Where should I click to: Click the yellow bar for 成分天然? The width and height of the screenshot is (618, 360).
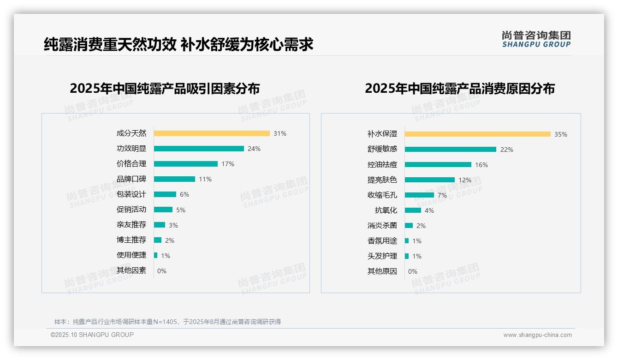point(212,133)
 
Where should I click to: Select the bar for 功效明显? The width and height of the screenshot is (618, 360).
point(199,149)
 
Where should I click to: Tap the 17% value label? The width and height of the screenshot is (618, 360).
point(228,164)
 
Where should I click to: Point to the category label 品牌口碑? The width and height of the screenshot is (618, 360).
point(131,179)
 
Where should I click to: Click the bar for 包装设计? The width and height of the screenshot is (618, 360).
point(165,194)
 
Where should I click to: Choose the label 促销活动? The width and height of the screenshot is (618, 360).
point(131,210)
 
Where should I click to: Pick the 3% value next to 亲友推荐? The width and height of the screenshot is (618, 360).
point(173,225)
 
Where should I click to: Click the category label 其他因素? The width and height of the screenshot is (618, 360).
point(131,270)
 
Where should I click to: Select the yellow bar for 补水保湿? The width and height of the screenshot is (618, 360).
point(478,134)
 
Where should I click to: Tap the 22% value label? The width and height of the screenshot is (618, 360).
point(507,150)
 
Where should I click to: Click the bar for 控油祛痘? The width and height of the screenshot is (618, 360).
point(438,165)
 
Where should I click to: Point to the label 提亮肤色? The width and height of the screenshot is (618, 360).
point(382,180)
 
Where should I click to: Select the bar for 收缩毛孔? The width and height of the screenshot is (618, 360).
point(419,195)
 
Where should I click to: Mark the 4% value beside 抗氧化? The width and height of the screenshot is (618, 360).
point(429,210)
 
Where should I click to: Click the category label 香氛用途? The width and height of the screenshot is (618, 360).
point(382,241)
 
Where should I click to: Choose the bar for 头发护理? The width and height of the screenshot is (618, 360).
point(407,256)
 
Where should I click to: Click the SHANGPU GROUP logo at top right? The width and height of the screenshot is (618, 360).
point(536,39)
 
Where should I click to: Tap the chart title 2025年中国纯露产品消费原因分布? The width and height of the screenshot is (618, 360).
point(460,88)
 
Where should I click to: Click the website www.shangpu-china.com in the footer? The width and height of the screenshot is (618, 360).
point(537,335)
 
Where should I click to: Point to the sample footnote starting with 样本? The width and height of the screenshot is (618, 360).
point(167,322)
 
